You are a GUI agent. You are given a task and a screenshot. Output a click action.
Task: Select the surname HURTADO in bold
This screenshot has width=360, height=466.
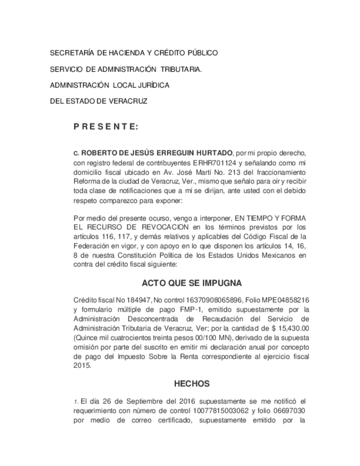pyautogui.click(x=212, y=153)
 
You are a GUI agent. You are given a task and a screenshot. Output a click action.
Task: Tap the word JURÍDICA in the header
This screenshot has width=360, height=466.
pyautogui.click(x=149, y=86)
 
